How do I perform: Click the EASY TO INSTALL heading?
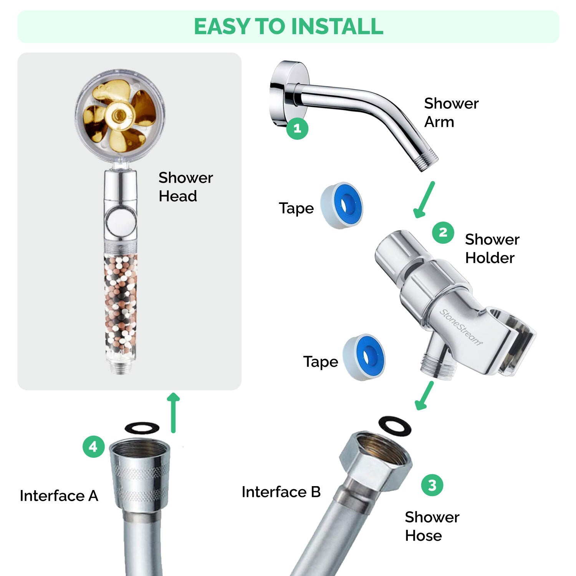tap(288, 26)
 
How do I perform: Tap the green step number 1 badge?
tap(297, 128)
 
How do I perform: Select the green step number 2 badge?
tap(443, 233)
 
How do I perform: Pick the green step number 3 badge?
tap(432, 485)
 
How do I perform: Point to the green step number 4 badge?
tap(93, 447)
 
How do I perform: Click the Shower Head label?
tap(185, 187)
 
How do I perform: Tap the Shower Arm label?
tap(451, 113)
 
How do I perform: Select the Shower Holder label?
tap(492, 248)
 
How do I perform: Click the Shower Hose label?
tap(432, 526)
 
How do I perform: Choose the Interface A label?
tap(59, 496)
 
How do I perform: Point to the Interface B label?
tap(281, 492)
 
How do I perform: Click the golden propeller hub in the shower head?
tap(119, 114)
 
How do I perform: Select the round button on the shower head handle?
tap(120, 221)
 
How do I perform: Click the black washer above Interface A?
tap(142, 427)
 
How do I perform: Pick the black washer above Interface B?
tap(395, 426)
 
